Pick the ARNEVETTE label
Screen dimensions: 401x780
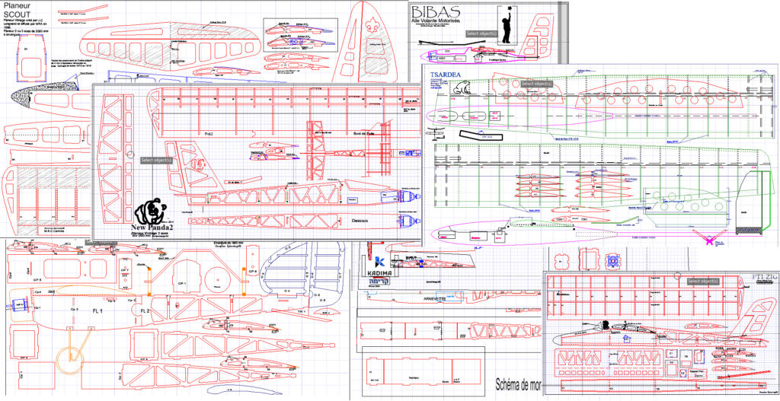pos(430,299)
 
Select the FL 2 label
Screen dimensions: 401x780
pos(146,311)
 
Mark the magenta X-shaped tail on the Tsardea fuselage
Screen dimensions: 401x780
pos(717,242)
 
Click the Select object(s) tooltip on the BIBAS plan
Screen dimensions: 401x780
pos(481,33)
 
